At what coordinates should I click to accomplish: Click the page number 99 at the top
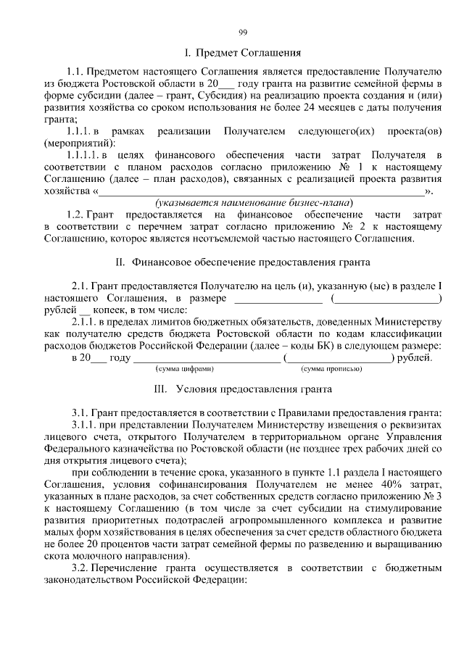coord(244,30)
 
